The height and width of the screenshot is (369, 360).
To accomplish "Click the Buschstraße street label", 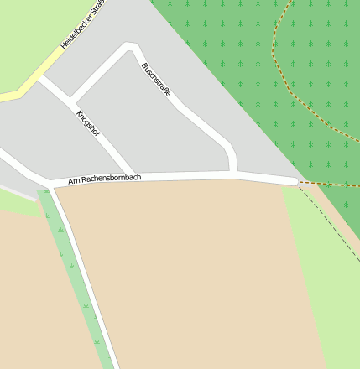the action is coord(156,79).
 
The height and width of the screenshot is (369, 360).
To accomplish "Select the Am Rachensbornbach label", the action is coord(104,179).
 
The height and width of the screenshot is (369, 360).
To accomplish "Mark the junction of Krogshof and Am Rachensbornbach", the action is coord(129,177).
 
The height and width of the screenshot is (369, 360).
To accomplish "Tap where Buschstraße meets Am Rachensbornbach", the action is coord(234,174).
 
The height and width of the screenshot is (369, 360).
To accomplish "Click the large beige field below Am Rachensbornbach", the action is coord(193,268).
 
